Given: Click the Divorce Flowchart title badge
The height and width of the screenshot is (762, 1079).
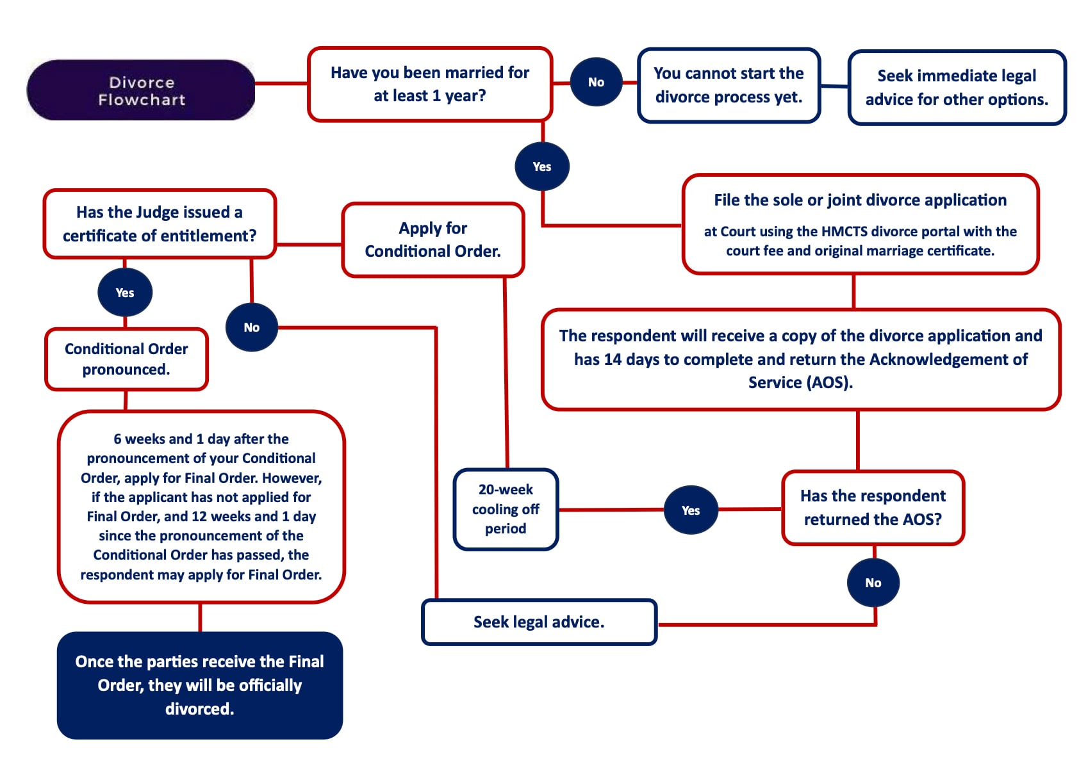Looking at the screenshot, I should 141,90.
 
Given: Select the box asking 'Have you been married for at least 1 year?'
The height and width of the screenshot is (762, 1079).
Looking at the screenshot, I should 429,84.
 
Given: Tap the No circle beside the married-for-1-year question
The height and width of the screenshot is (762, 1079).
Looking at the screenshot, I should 596,82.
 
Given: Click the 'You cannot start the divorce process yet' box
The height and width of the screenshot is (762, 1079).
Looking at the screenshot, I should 729,85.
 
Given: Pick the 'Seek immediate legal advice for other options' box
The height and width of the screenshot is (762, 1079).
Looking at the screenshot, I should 956,88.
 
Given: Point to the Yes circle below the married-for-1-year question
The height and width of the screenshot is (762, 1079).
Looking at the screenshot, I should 541,166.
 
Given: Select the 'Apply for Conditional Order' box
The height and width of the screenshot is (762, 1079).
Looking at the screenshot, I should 432,239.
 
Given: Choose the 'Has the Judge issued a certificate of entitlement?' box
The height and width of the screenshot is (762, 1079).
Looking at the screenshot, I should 160,224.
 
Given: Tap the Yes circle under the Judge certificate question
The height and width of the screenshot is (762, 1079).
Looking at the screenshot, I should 125,293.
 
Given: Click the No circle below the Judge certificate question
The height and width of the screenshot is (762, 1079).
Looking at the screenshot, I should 251,327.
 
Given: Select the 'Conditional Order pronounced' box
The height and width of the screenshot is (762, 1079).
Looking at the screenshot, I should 126,359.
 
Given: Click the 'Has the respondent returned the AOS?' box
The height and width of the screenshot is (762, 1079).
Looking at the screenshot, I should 873,508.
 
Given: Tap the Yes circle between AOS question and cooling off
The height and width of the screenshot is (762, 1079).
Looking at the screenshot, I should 690,510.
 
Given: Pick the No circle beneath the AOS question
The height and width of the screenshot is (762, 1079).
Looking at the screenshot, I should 873,583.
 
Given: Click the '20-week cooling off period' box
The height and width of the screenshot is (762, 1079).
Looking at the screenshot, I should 506,509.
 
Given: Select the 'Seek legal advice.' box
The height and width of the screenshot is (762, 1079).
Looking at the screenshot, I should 539,622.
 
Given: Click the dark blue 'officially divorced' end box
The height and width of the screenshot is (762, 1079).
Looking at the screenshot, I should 199,685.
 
